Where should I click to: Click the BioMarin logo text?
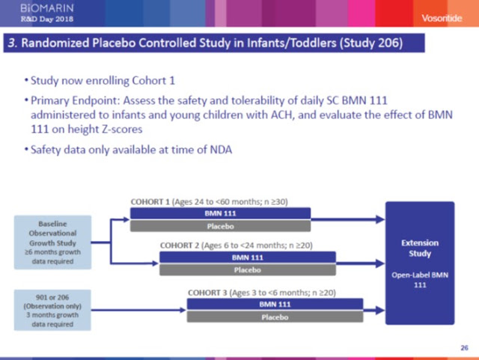tap(47, 8)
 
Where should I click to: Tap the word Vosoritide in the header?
tap(442, 18)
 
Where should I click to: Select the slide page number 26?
tap(464, 348)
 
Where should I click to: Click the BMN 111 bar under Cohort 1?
tap(220, 213)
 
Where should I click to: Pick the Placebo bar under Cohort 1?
tap(220, 227)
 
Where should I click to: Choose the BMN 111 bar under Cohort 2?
tap(248, 257)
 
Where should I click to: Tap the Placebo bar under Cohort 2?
tap(248, 270)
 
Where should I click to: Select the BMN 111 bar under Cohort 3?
tap(275, 305)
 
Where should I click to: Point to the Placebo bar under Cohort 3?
tap(275, 317)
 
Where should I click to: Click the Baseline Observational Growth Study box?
tap(52, 242)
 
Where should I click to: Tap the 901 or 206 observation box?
tap(52, 310)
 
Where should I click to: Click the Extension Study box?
tap(420, 263)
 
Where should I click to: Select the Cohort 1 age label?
tap(210, 201)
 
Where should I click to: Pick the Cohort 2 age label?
tap(237, 245)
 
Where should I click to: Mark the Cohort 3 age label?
tap(262, 293)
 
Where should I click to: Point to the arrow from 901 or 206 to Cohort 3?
tap(138, 310)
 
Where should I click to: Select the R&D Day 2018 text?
tap(47, 19)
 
